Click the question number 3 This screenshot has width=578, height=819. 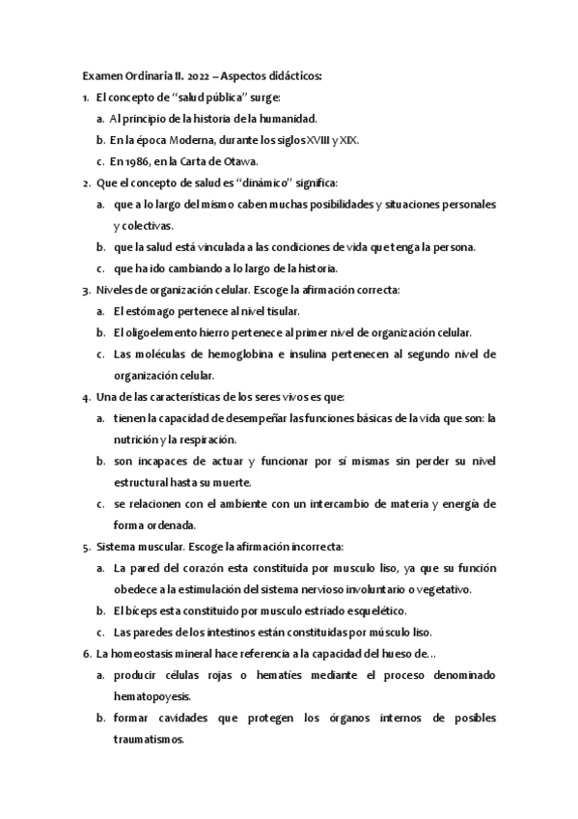87,290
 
